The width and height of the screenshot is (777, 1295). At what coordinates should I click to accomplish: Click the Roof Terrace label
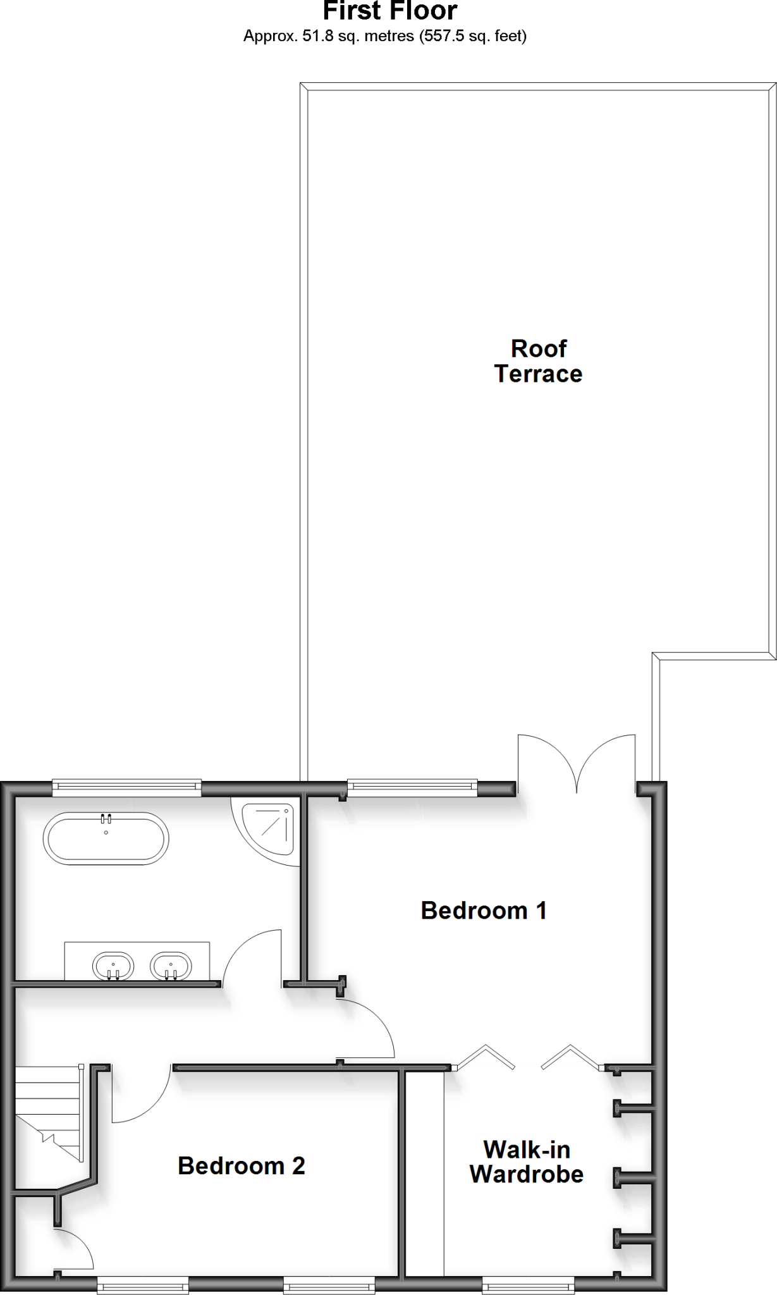(x=538, y=361)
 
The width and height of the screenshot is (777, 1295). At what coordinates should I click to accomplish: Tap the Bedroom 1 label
(x=484, y=911)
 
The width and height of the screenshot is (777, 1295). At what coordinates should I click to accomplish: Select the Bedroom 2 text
(x=241, y=1165)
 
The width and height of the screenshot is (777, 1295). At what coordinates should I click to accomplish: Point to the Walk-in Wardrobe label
(x=526, y=1162)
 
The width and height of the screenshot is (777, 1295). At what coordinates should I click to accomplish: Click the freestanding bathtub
(x=106, y=838)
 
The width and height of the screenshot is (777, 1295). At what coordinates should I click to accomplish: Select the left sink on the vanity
(x=113, y=966)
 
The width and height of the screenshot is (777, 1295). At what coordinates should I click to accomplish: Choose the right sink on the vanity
(x=170, y=966)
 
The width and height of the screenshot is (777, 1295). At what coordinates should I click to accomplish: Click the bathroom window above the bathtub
(x=126, y=787)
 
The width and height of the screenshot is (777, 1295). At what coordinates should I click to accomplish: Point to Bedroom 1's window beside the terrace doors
(x=412, y=787)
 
